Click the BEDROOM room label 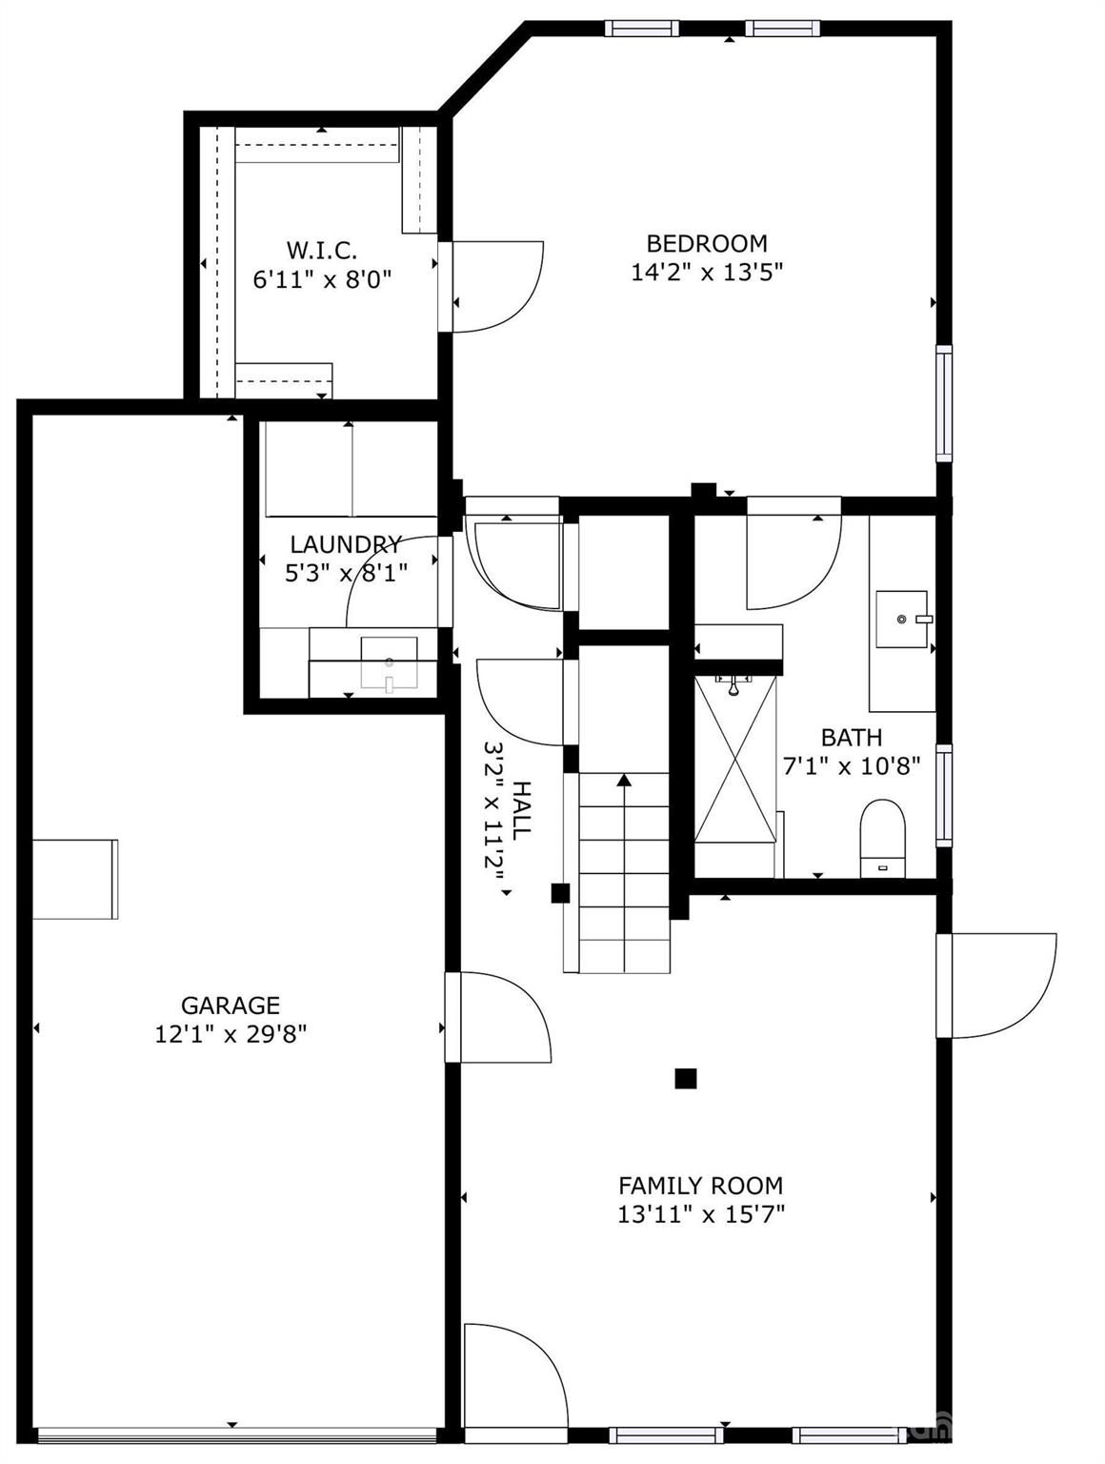click(706, 244)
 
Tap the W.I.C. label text click(322, 251)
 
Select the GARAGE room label click(231, 1006)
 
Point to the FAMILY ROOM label click(700, 1186)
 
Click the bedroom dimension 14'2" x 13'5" click(706, 273)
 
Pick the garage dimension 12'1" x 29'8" click(231, 1034)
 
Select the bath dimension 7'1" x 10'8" click(851, 766)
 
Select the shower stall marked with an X click(734, 759)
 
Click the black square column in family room click(685, 1078)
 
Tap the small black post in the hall click(560, 893)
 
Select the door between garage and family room click(500, 1017)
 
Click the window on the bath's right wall click(943, 795)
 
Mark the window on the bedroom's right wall click(943, 403)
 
